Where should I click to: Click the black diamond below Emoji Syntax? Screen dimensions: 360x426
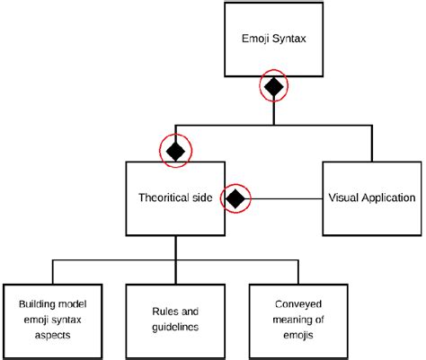(273, 87)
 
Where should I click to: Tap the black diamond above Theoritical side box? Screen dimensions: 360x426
(176, 151)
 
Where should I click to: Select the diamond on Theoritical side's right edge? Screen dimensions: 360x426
(235, 198)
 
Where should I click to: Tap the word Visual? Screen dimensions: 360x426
(343, 198)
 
